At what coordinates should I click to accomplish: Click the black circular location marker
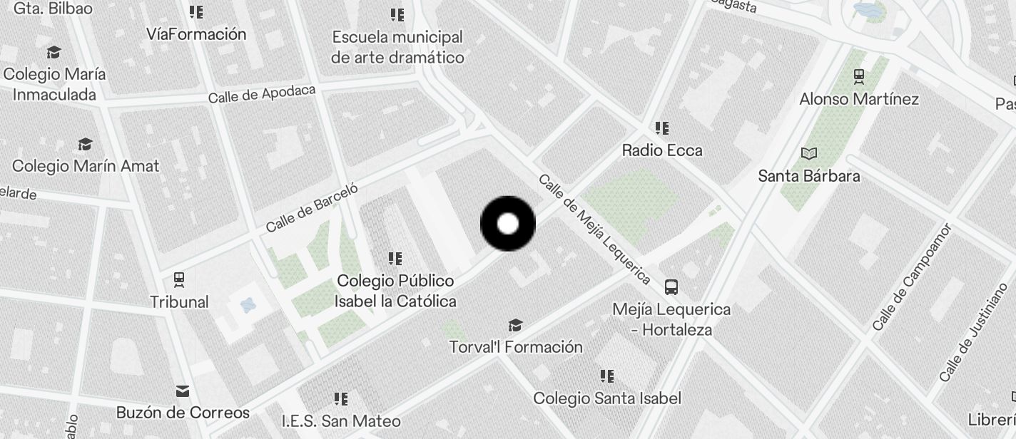[x=508, y=224]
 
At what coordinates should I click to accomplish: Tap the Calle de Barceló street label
[x=311, y=207]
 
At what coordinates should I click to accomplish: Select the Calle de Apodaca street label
[x=262, y=94]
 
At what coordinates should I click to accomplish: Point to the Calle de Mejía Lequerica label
[x=594, y=229]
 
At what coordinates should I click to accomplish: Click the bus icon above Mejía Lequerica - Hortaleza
[x=671, y=287]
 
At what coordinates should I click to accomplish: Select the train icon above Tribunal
[x=179, y=279]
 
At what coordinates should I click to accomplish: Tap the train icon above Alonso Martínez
[x=859, y=76]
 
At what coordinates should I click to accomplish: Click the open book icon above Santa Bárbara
[x=809, y=153]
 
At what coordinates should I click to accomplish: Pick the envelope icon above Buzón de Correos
[x=183, y=391]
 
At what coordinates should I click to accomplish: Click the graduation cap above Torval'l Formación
[x=515, y=326]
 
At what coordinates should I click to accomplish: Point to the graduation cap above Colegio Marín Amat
[x=85, y=145]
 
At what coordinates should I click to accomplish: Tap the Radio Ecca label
[x=662, y=150]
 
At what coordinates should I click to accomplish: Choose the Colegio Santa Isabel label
[x=607, y=398]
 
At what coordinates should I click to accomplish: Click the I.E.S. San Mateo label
[x=341, y=420]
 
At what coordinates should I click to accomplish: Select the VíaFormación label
[x=196, y=34]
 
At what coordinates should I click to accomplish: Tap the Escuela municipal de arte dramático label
[x=397, y=47]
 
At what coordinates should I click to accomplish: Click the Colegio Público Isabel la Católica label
[x=395, y=291]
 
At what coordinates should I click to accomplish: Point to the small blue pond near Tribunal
[x=248, y=306]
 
